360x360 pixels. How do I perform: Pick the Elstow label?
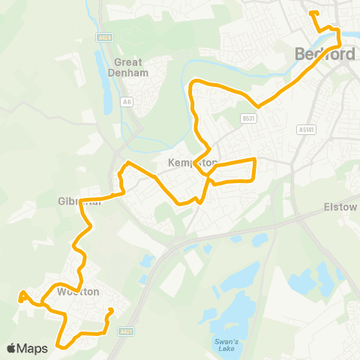pos(340,206)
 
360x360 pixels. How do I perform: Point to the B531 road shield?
pos(249,118)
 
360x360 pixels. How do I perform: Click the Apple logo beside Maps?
pos(11,348)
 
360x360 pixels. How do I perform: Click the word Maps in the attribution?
pos(33,348)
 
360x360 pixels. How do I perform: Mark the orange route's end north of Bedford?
pos(310,13)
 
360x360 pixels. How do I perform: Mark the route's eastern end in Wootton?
pos(111,310)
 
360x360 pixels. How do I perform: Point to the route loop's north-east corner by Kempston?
pos(256,159)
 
